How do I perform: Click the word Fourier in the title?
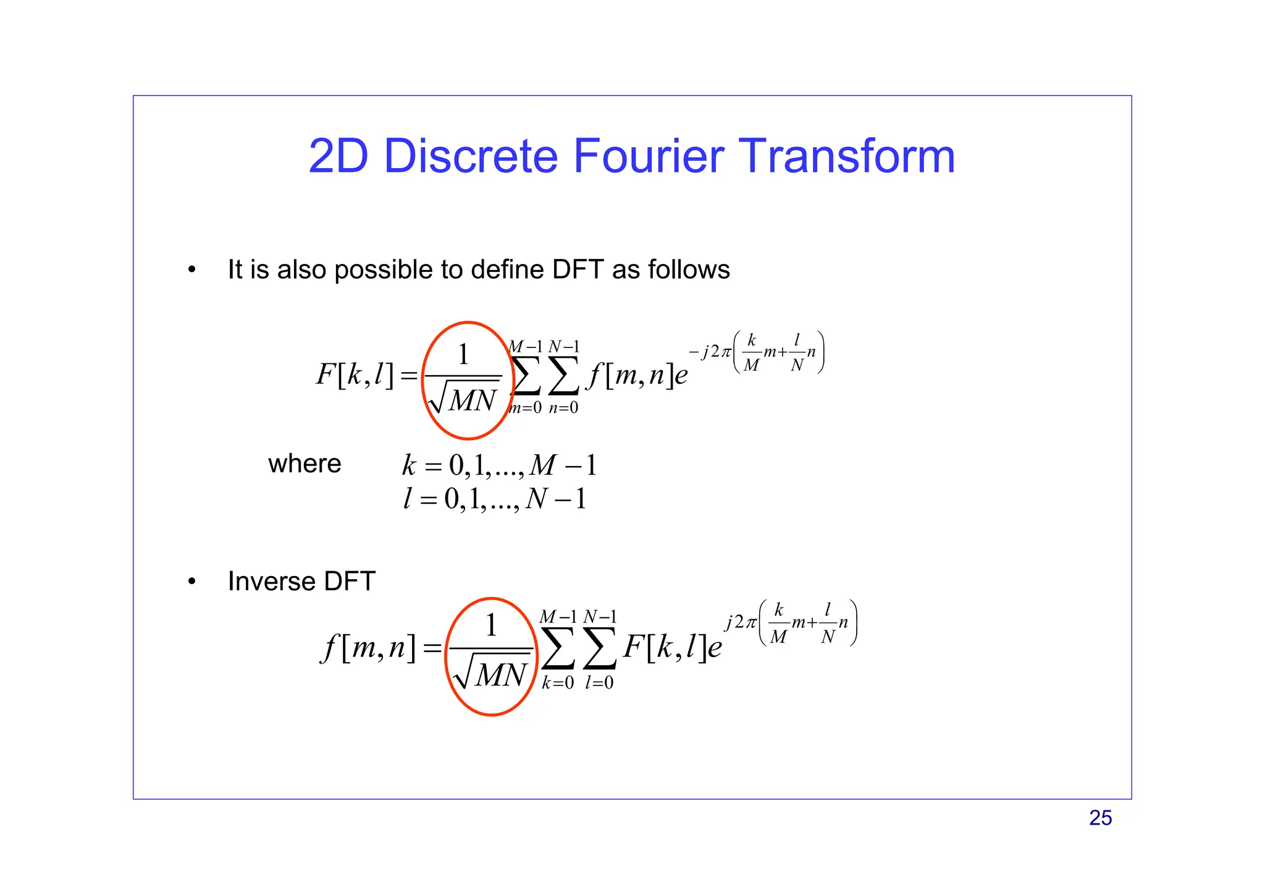click(x=648, y=156)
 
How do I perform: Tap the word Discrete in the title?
click(x=471, y=156)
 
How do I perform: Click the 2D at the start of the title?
click(x=338, y=156)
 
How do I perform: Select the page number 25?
click(x=1100, y=818)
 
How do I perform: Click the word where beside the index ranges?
click(x=305, y=464)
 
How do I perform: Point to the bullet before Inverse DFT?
click(x=192, y=582)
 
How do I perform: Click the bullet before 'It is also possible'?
click(x=192, y=269)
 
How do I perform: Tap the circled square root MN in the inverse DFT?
click(x=492, y=674)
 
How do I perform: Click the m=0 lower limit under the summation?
click(x=525, y=408)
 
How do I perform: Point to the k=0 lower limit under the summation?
click(x=558, y=683)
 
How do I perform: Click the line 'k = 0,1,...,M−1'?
click(x=499, y=465)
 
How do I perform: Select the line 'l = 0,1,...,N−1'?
click(x=494, y=499)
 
